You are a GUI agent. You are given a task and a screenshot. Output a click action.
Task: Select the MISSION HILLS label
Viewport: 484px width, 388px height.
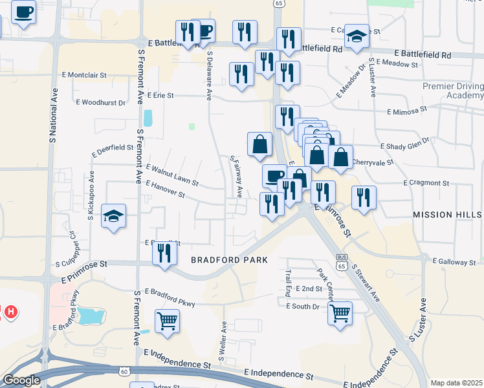447,214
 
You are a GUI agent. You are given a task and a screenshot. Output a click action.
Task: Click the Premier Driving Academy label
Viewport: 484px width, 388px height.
452,91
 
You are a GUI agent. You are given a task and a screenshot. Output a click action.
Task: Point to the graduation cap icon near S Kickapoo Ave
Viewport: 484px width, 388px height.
113,216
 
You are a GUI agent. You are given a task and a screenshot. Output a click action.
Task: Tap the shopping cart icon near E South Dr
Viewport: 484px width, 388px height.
340,314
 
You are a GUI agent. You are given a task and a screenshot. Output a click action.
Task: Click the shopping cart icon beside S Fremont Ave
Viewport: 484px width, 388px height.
167,321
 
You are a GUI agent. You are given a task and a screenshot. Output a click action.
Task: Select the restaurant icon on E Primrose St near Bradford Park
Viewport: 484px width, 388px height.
165,253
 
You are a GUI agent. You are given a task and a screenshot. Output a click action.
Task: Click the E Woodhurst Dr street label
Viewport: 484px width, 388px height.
100,102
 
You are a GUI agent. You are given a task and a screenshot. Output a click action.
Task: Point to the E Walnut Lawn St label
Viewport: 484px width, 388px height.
171,175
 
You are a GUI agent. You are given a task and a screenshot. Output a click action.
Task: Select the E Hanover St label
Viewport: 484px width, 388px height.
165,189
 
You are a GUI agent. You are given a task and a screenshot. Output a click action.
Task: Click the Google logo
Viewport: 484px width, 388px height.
21,380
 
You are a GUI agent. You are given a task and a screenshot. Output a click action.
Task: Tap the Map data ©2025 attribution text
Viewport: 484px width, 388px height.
456,383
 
